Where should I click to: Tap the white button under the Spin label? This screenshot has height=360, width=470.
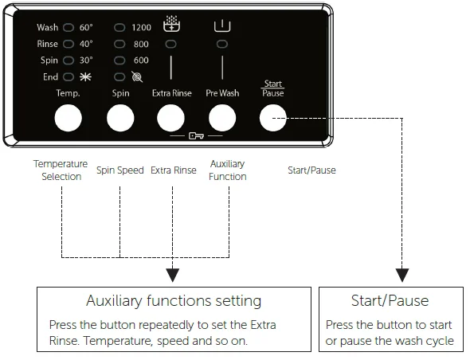pyautogui.click(x=120, y=118)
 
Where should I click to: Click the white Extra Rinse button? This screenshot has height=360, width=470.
pyautogui.click(x=170, y=118)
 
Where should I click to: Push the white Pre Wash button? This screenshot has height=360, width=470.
pyautogui.click(x=222, y=118)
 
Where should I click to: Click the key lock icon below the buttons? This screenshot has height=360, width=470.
pyautogui.click(x=196, y=136)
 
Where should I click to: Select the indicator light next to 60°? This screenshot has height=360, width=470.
pyautogui.click(x=69, y=28)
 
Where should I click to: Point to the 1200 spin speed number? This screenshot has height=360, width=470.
pyautogui.click(x=142, y=28)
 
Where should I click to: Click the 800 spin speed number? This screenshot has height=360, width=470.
pyautogui.click(x=141, y=44)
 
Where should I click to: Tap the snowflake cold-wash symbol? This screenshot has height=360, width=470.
pyautogui.click(x=85, y=77)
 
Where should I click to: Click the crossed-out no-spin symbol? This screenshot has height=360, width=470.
pyautogui.click(x=137, y=77)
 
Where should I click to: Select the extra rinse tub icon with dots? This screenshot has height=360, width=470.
pyautogui.click(x=171, y=24)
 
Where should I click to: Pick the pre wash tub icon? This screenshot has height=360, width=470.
pyautogui.click(x=222, y=25)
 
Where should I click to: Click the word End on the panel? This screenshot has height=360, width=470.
pyautogui.click(x=50, y=77)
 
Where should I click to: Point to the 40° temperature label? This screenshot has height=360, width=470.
pyautogui.click(x=86, y=44)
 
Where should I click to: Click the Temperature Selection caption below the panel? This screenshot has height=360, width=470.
pyautogui.click(x=61, y=170)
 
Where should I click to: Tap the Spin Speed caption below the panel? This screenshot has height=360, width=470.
pyautogui.click(x=120, y=170)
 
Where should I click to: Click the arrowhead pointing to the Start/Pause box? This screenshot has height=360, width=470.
pyautogui.click(x=402, y=275)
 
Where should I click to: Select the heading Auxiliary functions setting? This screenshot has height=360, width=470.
pyautogui.click(x=174, y=300)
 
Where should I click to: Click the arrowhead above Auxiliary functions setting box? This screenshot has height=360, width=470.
pyautogui.click(x=173, y=275)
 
